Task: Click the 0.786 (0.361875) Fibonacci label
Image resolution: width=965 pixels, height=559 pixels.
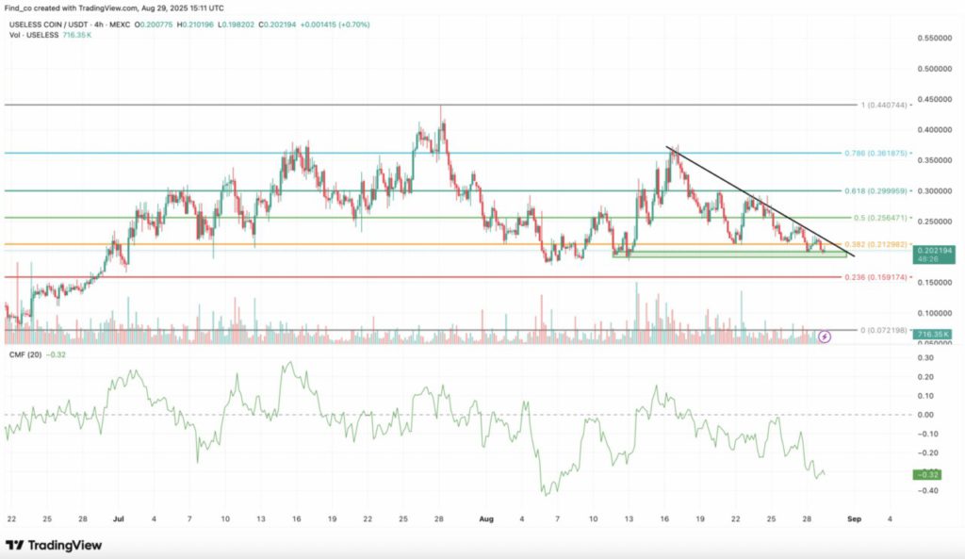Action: click(880, 152)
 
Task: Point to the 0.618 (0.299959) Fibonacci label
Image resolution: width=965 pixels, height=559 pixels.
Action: click(880, 190)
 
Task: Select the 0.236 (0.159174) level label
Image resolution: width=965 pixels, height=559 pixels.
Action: click(880, 278)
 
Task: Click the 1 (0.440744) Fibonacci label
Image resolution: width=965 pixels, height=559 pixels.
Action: click(883, 106)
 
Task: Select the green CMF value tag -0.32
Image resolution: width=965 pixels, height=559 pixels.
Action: click(929, 474)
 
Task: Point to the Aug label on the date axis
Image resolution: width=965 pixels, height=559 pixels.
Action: click(486, 518)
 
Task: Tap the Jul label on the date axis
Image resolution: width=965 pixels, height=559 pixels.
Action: click(119, 518)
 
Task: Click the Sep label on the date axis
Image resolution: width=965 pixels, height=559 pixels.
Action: click(854, 518)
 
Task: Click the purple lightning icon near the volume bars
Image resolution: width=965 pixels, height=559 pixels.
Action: click(826, 336)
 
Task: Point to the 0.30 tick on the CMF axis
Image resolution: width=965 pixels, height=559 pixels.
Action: click(925, 358)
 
